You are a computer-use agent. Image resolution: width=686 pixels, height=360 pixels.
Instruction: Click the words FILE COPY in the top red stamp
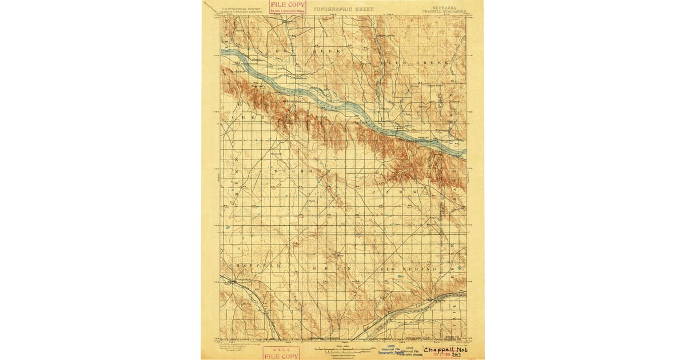[x=289, y=4]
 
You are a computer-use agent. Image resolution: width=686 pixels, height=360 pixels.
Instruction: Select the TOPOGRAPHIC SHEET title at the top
[x=343, y=10]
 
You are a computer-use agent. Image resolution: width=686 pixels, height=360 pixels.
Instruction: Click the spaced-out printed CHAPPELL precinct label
[x=246, y=266]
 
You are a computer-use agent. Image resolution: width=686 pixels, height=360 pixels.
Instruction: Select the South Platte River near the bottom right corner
[x=440, y=298]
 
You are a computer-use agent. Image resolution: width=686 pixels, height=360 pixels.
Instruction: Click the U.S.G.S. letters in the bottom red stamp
[x=280, y=349]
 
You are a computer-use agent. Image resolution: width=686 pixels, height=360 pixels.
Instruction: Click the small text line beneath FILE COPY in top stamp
[x=289, y=10]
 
